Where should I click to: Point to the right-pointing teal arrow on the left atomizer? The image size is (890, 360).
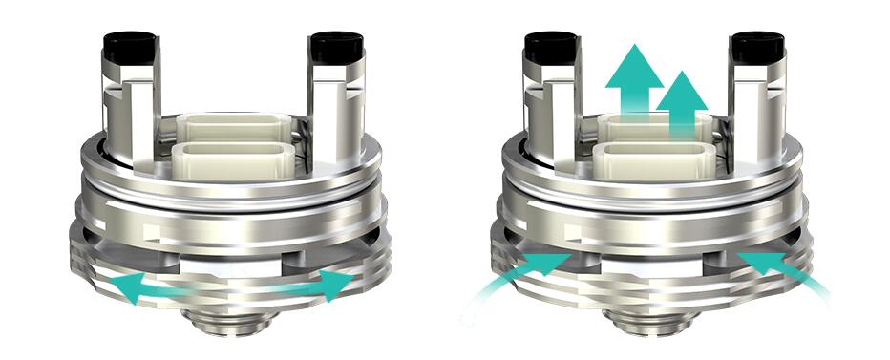point(329,283)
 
